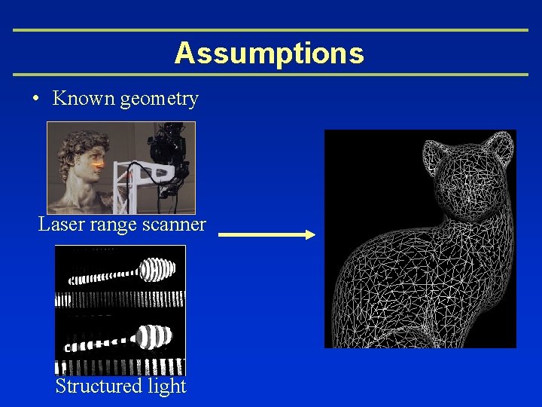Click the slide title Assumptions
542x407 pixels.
point(269,53)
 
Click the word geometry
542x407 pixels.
point(159,99)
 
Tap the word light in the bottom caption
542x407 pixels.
point(167,386)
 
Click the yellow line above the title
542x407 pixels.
point(271,30)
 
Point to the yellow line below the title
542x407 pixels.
point(271,75)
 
